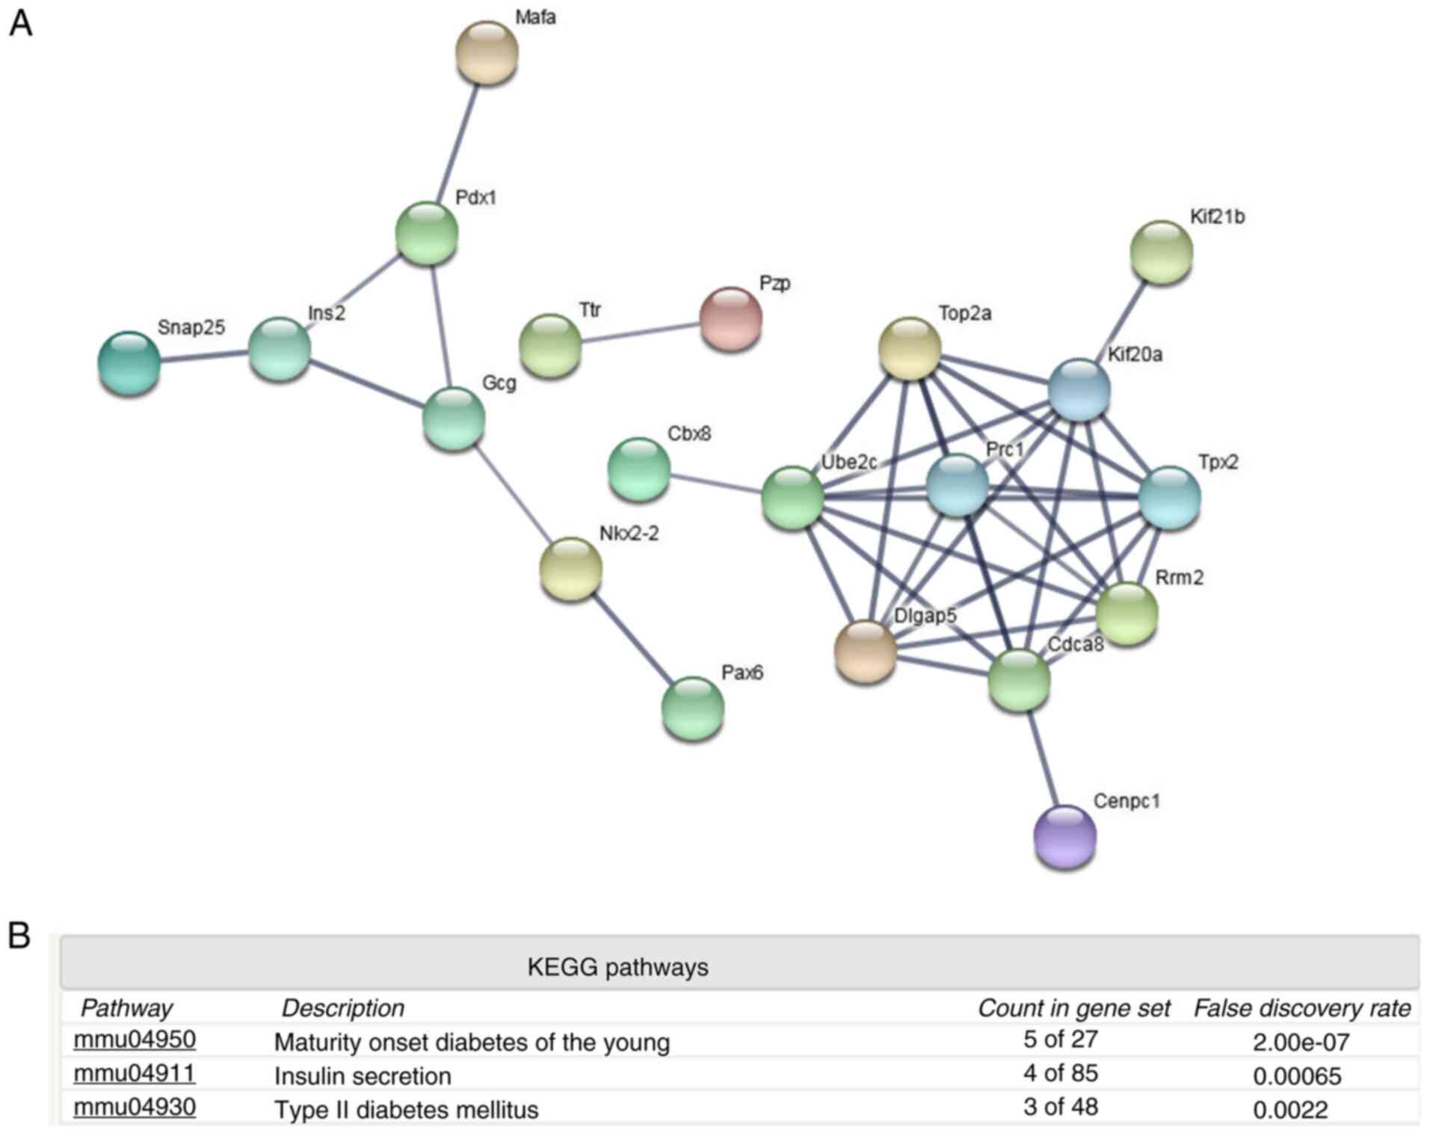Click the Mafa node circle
(x=487, y=53)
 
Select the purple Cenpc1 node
(x=1064, y=836)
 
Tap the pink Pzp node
(x=730, y=318)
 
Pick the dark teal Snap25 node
(x=129, y=363)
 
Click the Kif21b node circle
(x=1161, y=252)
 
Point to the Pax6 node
(x=693, y=708)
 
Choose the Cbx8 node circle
(x=639, y=469)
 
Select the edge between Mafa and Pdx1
(x=457, y=142)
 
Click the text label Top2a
(x=964, y=313)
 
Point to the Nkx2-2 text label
(x=629, y=534)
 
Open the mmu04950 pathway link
(x=135, y=1040)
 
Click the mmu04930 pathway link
(x=135, y=1107)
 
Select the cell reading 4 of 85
(x=1060, y=1073)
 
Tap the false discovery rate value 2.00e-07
(x=1301, y=1042)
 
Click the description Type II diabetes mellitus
(x=406, y=1110)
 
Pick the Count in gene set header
(x=1073, y=1008)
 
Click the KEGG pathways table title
(x=617, y=967)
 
